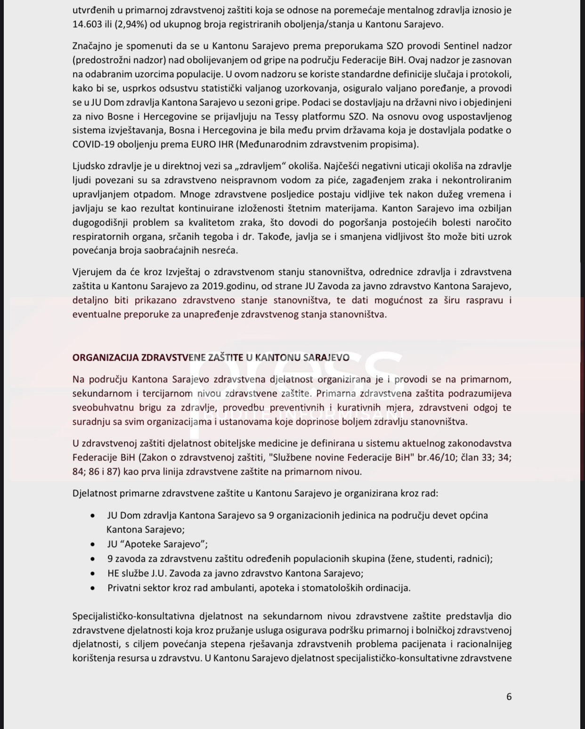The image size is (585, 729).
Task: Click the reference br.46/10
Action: pos(436,457)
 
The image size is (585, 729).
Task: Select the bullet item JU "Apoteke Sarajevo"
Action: pos(157,544)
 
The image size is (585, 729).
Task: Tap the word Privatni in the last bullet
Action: pos(124,588)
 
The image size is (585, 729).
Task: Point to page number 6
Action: pos(509,697)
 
